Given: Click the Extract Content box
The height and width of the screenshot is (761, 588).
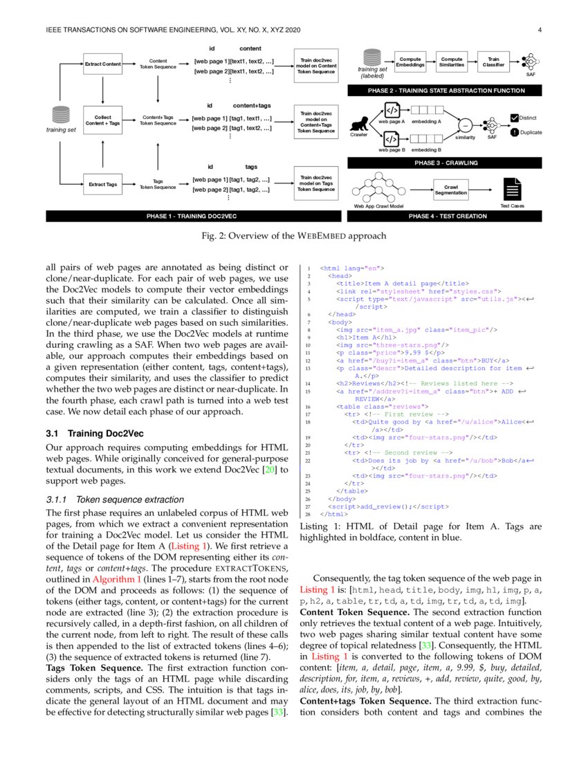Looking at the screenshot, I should click(102, 64).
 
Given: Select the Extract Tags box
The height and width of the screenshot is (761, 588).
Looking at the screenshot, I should click(102, 185).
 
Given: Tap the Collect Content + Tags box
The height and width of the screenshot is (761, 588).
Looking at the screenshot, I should click(102, 120).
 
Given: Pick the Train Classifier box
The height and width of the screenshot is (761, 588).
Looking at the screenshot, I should click(493, 62).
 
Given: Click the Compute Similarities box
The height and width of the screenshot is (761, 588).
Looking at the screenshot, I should click(452, 62).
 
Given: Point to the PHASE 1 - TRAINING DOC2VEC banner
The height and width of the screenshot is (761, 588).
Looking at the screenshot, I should click(191, 217).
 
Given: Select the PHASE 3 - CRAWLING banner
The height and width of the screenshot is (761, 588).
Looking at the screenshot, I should click(446, 163).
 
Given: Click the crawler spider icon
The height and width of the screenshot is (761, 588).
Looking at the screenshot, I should click(359, 122).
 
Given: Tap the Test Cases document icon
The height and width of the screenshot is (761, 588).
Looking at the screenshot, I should click(513, 189).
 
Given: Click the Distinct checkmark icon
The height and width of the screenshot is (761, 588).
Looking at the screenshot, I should click(514, 118).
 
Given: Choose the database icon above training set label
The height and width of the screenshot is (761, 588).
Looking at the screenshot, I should click(62, 115).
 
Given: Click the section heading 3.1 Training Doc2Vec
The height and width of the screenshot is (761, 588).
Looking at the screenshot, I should click(94, 434).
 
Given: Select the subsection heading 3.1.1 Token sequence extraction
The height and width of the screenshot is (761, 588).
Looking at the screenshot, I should click(116, 499).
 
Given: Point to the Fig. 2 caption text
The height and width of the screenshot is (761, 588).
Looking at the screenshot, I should click(293, 237).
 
